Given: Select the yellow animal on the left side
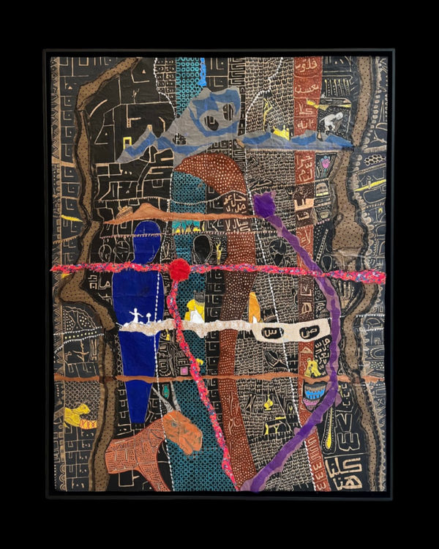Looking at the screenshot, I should click(78, 416).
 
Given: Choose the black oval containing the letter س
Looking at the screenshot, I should click(271, 333).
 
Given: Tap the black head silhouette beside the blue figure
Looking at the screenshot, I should click(202, 249).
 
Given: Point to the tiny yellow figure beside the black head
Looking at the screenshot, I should click(218, 253).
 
